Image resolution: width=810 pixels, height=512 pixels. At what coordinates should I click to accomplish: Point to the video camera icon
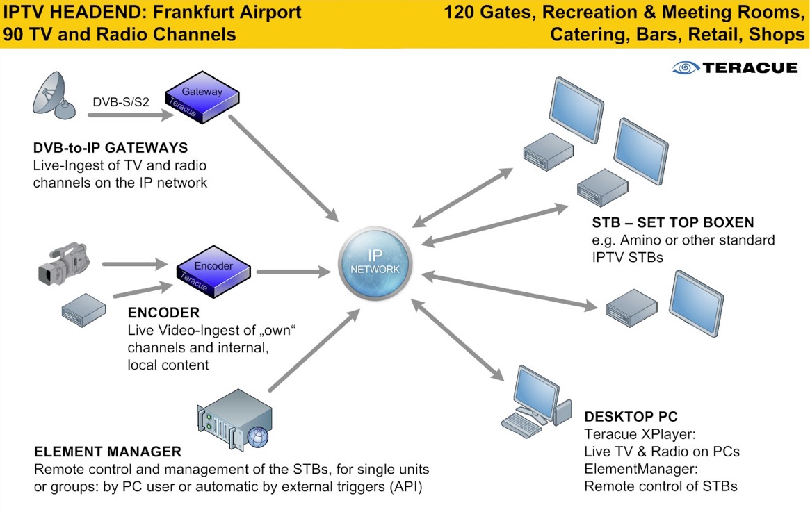[64, 262]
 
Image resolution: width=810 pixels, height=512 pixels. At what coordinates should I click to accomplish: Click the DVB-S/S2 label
[120, 102]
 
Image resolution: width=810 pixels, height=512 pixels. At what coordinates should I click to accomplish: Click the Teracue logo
[735, 67]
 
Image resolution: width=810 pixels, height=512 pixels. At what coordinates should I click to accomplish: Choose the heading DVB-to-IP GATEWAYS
[111, 148]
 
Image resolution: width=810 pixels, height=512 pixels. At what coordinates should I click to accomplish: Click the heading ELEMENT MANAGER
[107, 451]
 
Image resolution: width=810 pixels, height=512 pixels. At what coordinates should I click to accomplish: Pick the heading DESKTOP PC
[631, 418]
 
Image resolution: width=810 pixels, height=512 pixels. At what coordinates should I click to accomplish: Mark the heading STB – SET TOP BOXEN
[673, 223]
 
